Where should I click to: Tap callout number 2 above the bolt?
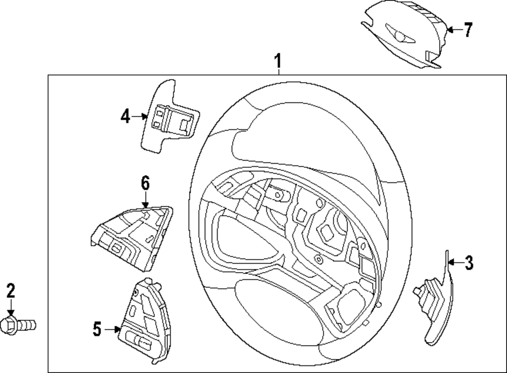click(x=11, y=291)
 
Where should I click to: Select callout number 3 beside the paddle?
click(x=469, y=263)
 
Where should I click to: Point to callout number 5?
click(x=97, y=329)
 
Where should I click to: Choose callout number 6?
click(x=146, y=183)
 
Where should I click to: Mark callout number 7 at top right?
click(x=468, y=30)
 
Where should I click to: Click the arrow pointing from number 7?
click(x=453, y=30)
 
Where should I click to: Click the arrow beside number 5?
click(x=112, y=329)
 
